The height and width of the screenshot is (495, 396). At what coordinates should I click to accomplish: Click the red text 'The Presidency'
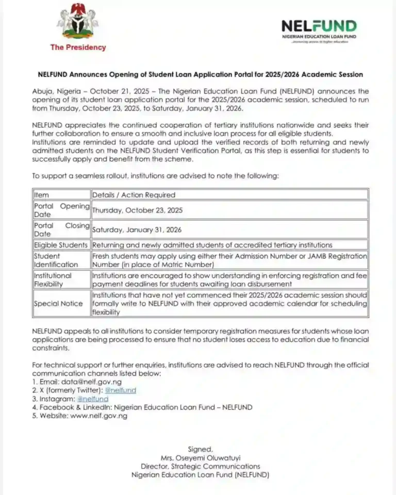point(78,47)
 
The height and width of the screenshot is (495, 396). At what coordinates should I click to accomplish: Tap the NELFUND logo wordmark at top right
point(319,26)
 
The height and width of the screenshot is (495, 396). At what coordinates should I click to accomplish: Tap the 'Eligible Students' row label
point(61,245)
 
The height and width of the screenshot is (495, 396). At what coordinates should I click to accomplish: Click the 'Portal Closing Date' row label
point(61,229)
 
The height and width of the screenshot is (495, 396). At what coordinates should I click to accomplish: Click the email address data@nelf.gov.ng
point(87,382)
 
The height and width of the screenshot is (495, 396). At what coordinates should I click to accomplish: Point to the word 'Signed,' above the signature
point(200,449)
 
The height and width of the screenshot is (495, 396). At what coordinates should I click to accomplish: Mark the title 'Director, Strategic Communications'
point(200,466)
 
